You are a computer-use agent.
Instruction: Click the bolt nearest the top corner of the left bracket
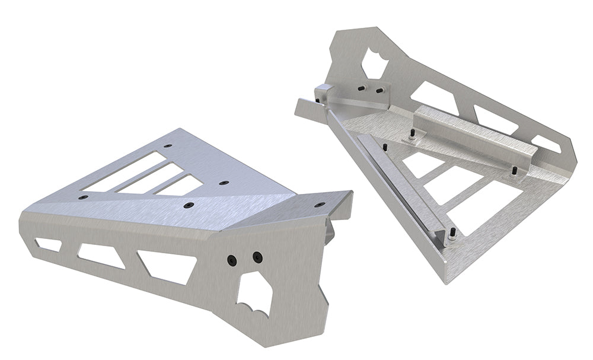pyautogui.click(x=168, y=145)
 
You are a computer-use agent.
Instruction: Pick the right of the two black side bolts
pyautogui.click(x=257, y=257)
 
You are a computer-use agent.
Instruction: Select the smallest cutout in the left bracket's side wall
pyautogui.click(x=48, y=244)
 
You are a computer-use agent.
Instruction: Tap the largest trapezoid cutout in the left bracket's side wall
pyautogui.click(x=165, y=266)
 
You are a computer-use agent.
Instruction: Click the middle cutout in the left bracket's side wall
pyautogui.click(x=100, y=255)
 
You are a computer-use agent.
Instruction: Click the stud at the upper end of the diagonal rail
pyautogui.click(x=385, y=146)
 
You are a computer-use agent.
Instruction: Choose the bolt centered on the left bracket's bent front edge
pyautogui.click(x=189, y=205)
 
